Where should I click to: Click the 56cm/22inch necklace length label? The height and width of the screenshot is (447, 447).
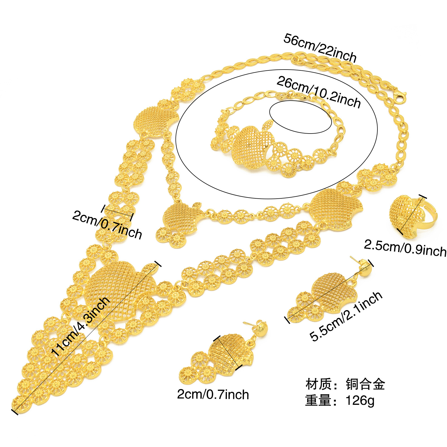click(x=320, y=48)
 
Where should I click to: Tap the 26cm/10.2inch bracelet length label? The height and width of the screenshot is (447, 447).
click(x=319, y=92)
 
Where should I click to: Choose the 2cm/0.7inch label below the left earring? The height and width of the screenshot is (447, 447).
click(x=213, y=394)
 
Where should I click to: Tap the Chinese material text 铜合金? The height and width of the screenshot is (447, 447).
click(x=365, y=384)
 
